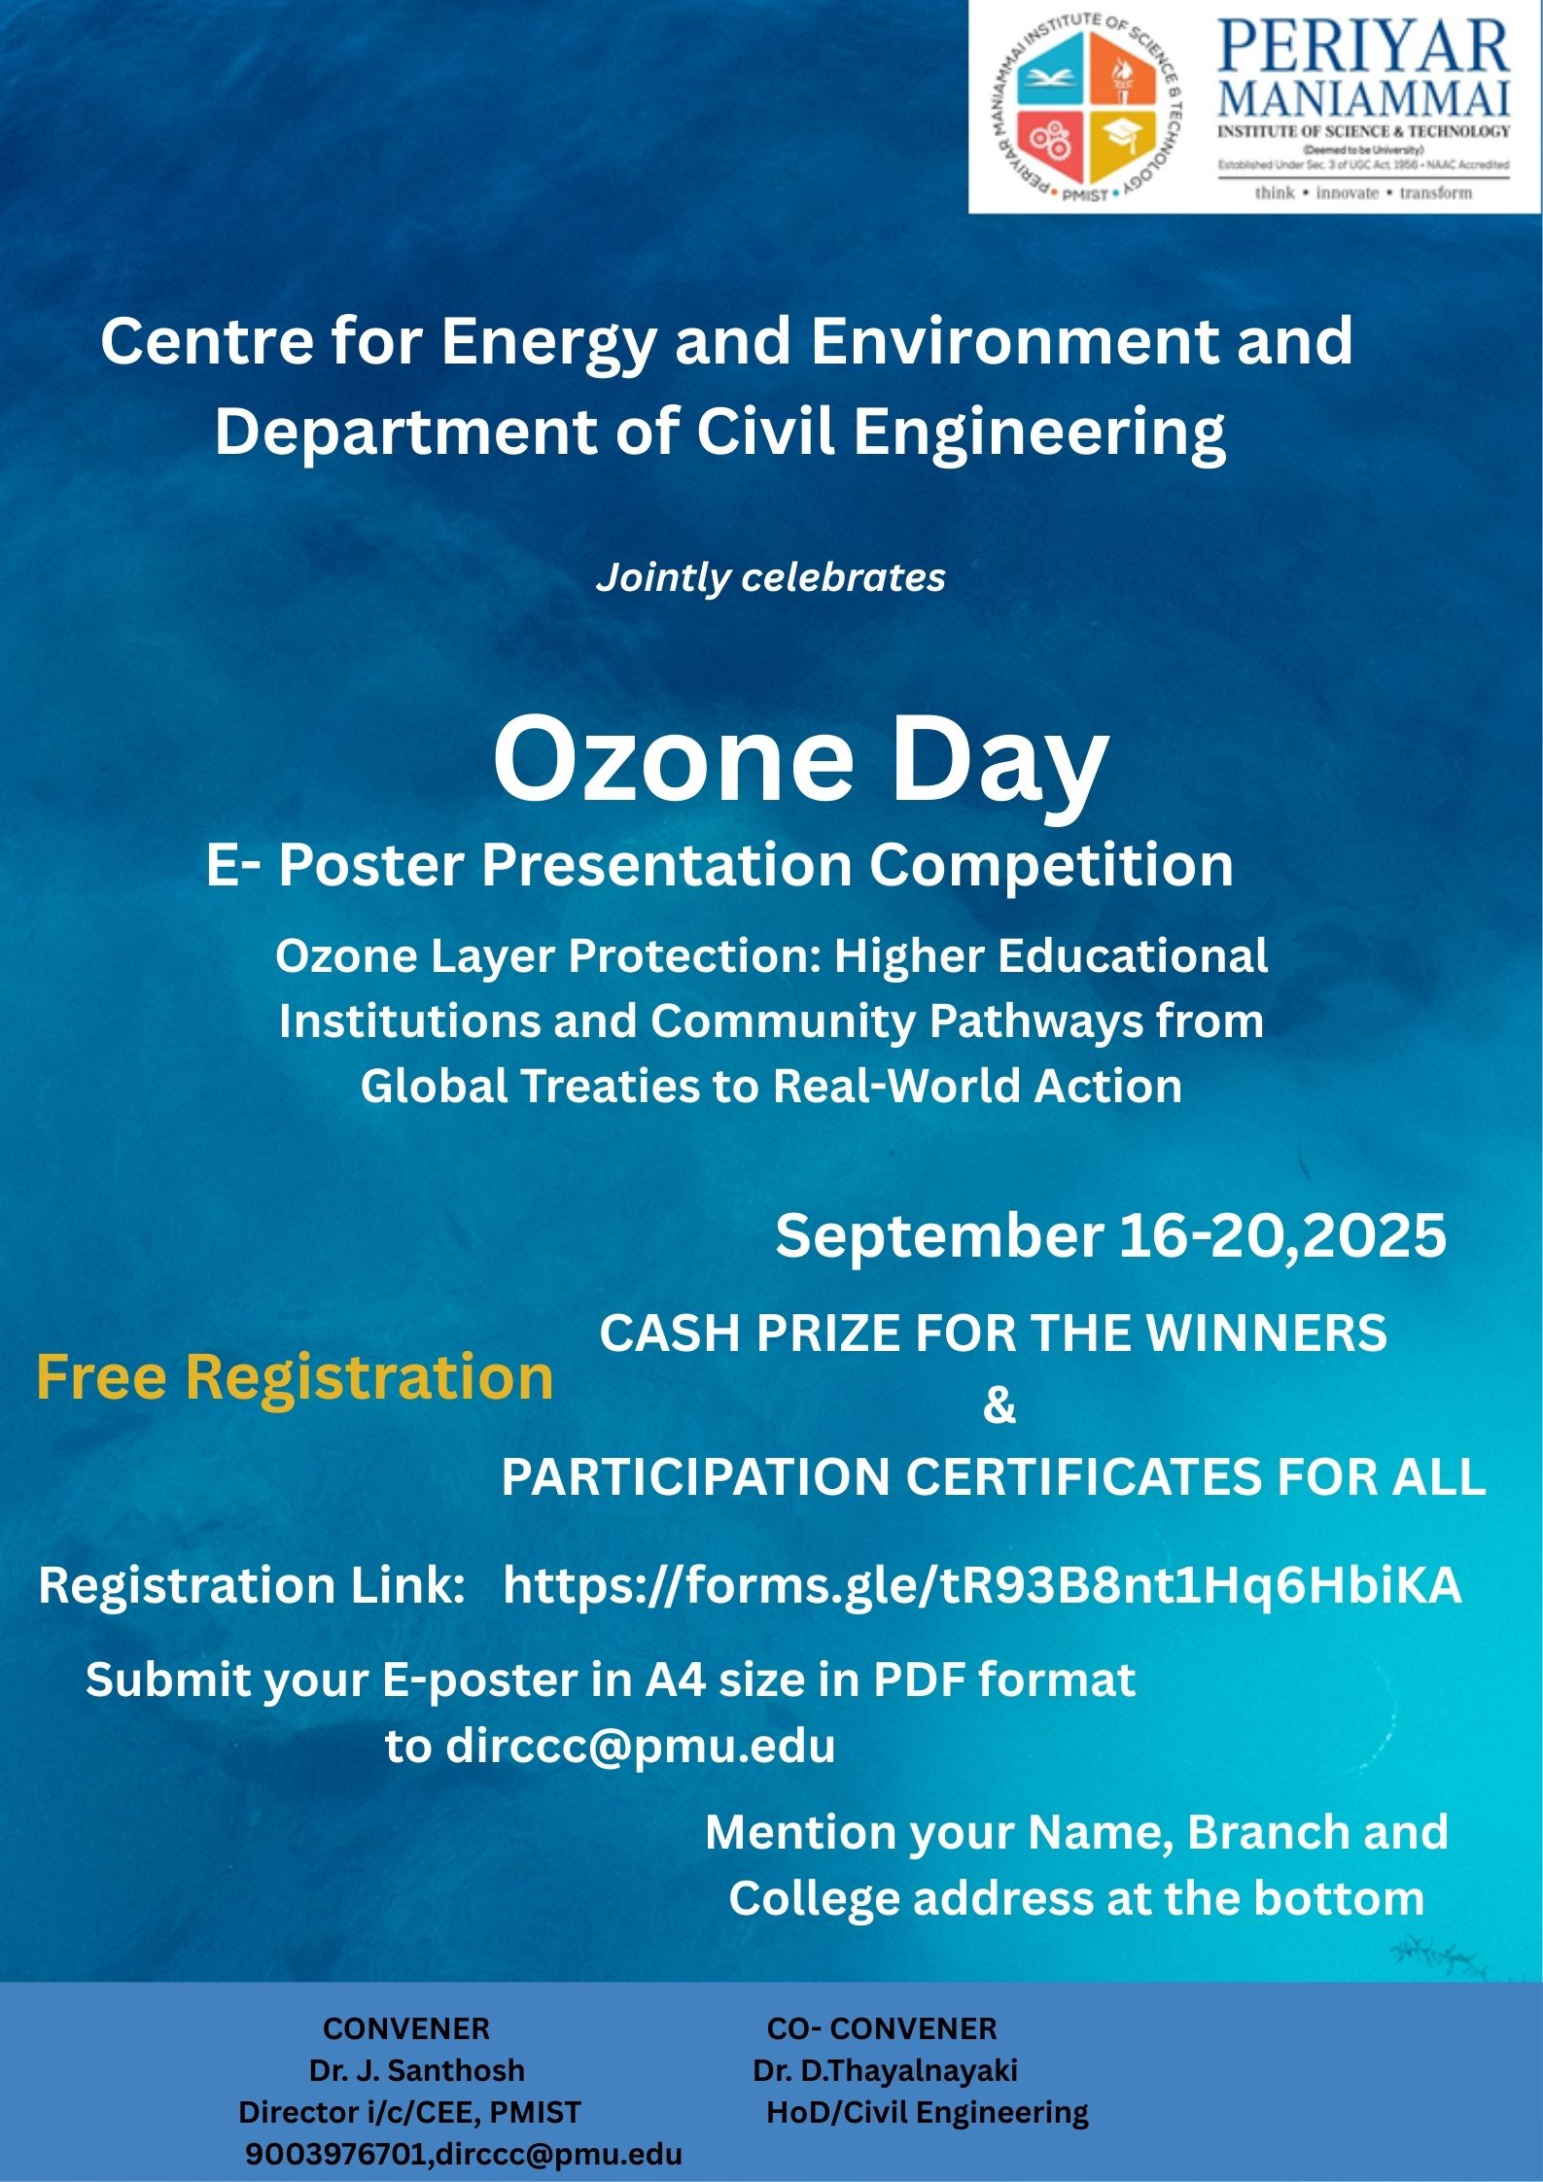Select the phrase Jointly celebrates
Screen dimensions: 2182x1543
click(770, 577)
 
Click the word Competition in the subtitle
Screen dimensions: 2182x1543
click(1050, 864)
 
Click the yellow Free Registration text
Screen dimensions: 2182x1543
click(295, 1377)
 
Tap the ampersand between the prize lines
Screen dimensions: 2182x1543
click(999, 1405)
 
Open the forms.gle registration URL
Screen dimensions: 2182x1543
click(982, 1585)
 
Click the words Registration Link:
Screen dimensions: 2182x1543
click(252, 1585)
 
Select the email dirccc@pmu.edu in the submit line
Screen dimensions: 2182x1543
click(641, 1747)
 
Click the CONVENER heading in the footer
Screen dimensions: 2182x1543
click(406, 2028)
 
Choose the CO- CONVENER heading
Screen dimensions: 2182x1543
click(882, 2028)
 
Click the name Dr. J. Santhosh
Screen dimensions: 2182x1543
click(416, 2070)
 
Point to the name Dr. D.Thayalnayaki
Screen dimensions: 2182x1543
click(885, 2070)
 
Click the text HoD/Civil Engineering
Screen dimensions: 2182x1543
click(928, 2112)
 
